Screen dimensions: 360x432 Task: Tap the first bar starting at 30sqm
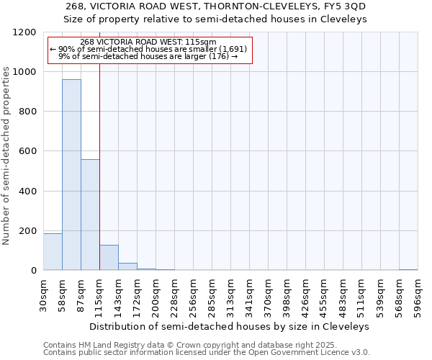click(53, 252)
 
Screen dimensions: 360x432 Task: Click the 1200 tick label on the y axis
click(24, 32)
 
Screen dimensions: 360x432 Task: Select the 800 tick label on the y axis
click(27, 112)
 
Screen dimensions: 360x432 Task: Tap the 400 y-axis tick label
click(27, 192)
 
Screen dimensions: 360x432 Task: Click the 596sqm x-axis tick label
click(418, 294)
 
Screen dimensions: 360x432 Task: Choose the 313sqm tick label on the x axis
click(230, 294)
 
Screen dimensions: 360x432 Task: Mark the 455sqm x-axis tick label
click(324, 294)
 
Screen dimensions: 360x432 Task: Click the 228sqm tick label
click(174, 294)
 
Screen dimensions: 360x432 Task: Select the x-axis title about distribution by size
click(230, 326)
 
